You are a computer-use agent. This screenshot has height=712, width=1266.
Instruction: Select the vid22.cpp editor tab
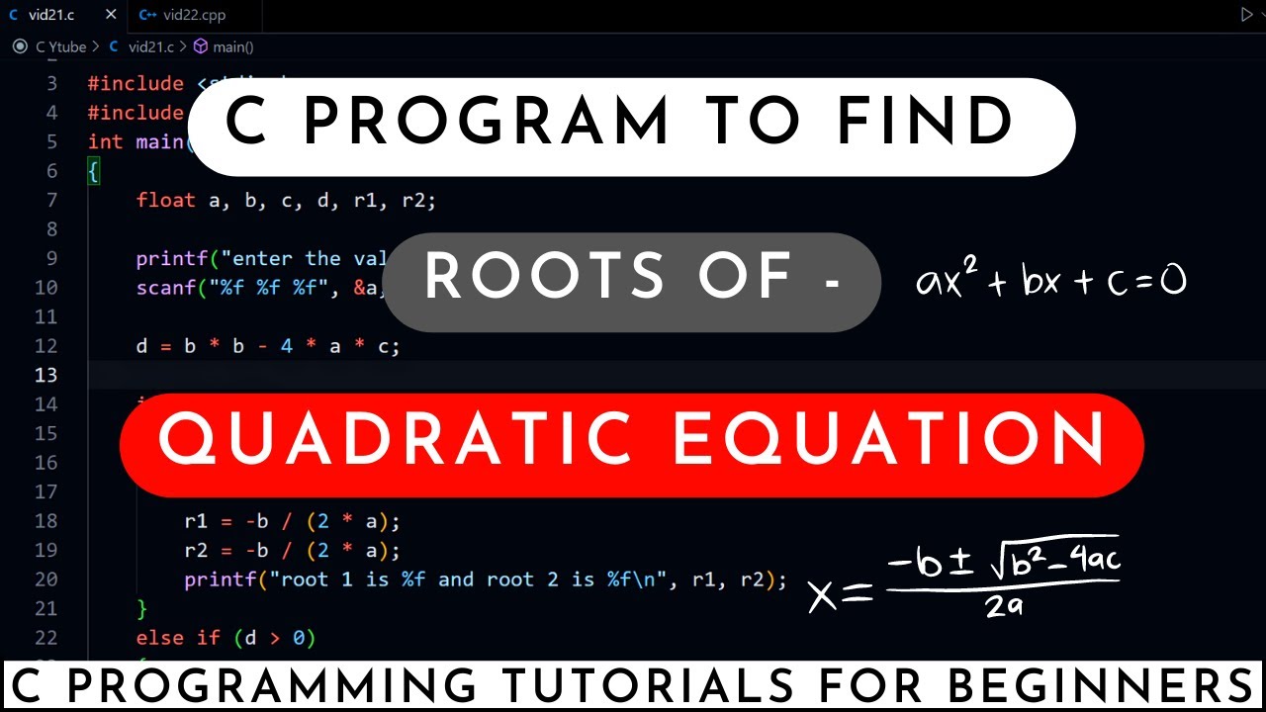pos(188,15)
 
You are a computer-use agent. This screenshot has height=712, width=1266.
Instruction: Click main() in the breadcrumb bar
pos(232,46)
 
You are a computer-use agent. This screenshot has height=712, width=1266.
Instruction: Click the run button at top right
pos(1245,15)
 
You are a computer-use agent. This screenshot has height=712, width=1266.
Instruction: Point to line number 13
pos(45,375)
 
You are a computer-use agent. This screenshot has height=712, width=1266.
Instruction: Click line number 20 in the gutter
pos(45,579)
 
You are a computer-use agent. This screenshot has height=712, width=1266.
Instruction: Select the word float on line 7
pos(165,201)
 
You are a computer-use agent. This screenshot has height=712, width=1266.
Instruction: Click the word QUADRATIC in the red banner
pos(396,440)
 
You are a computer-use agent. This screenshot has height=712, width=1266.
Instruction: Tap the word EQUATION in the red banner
pos(890,440)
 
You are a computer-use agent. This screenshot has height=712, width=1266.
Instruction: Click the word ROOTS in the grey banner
pos(544,278)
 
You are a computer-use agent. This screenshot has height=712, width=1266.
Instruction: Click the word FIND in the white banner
pos(925,125)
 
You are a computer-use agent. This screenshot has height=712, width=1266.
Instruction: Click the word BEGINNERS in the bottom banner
pos(1098,687)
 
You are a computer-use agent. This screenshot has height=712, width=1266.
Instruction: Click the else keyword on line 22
pos(160,638)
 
